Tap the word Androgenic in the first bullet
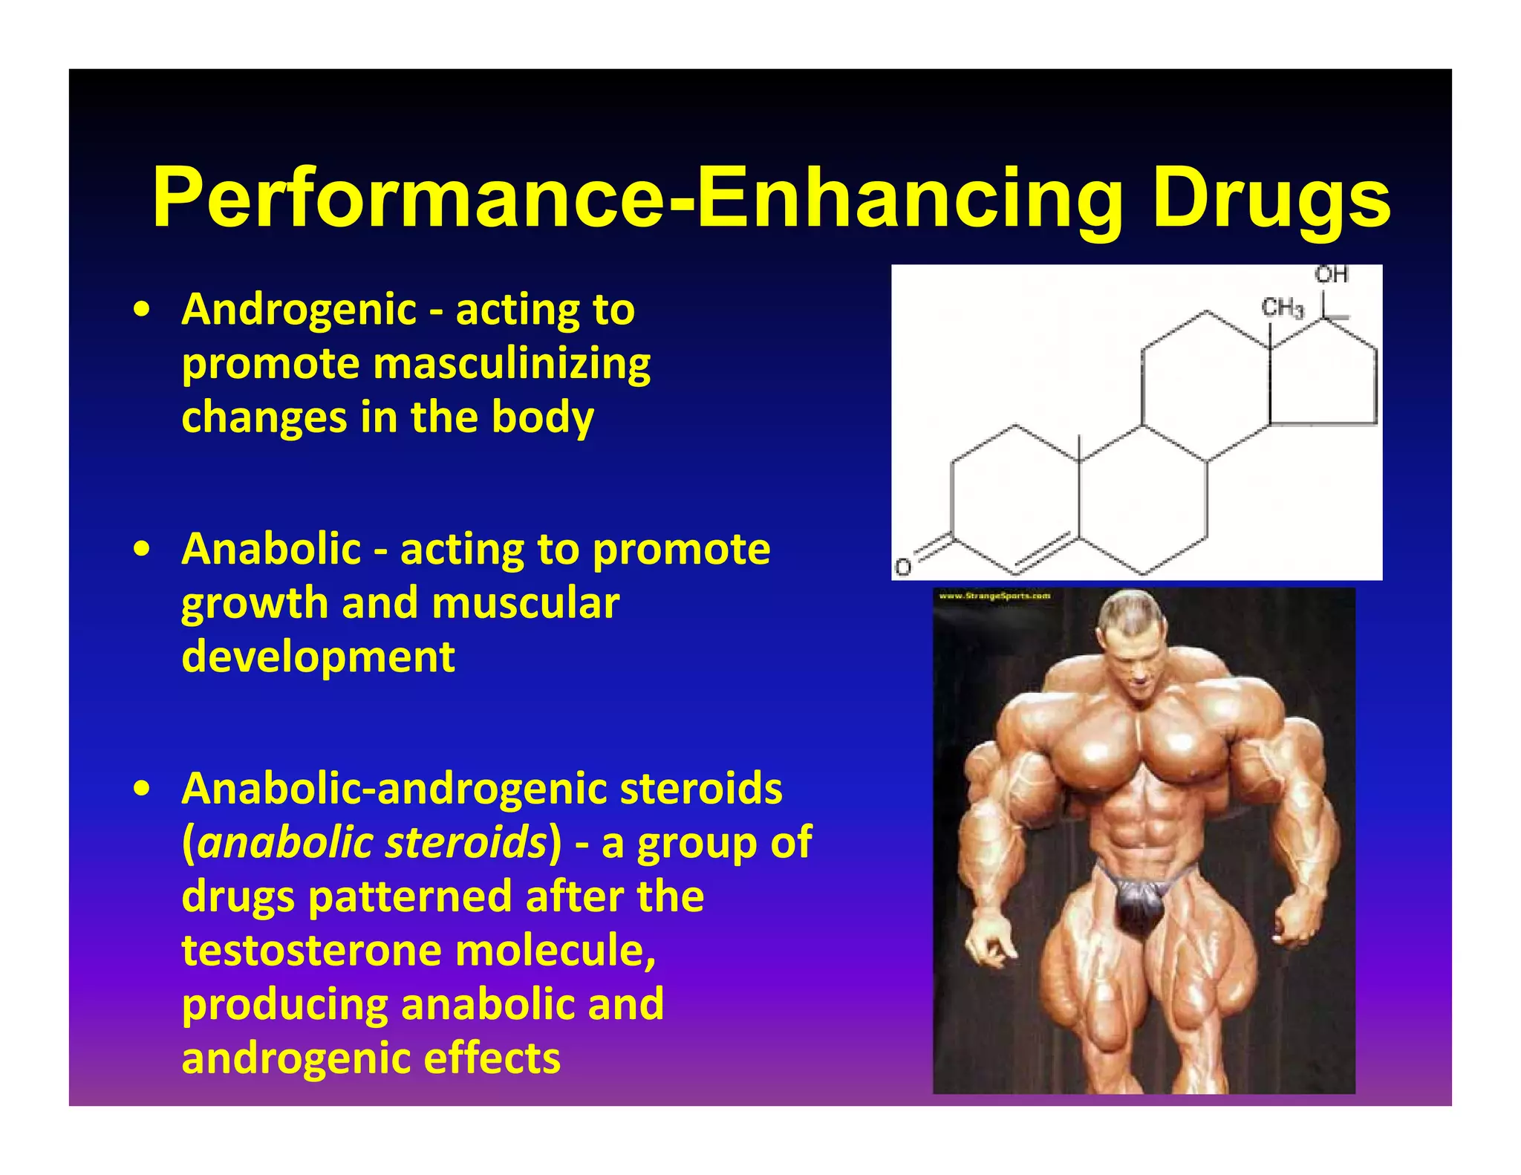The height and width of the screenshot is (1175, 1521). point(299,310)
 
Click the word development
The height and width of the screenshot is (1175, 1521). point(318,657)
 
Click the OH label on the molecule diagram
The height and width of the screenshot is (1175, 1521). point(1332,275)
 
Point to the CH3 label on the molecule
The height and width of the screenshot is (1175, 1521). point(1283,307)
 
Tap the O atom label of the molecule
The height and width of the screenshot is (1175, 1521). point(902,567)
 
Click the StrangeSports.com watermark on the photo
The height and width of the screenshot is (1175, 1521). point(994,596)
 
